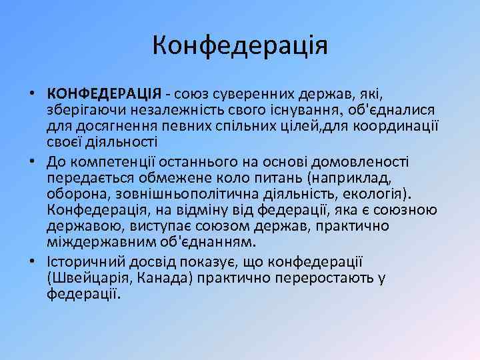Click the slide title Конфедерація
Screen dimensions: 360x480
click(240, 46)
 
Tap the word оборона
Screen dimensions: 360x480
click(75, 194)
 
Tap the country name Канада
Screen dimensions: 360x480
click(163, 277)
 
